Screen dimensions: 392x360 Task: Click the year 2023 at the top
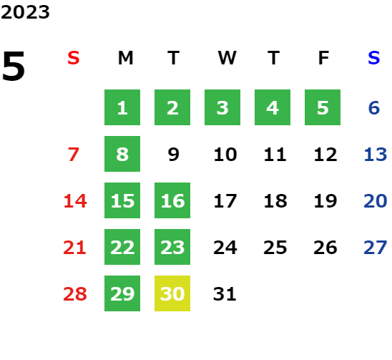25,12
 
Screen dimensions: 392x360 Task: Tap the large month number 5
14,66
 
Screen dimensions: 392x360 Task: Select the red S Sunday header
74,58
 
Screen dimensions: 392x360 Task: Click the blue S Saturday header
373,58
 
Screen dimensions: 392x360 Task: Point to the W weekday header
227,58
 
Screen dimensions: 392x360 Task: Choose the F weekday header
323,58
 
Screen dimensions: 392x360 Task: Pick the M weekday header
125,58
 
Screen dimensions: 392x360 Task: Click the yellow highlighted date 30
172,293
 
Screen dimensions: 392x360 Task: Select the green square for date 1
122,107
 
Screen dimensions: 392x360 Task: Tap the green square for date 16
172,200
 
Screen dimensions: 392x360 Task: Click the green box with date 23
172,247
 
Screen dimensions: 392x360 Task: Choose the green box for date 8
122,154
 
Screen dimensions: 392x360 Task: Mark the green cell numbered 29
122,293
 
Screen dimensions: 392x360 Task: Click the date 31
225,294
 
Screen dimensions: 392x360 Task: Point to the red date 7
74,155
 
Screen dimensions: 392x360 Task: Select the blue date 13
376,155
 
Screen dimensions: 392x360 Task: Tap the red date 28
75,294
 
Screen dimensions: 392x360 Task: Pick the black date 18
275,201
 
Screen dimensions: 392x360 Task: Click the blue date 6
374,108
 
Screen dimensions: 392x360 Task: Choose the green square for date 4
273,107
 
